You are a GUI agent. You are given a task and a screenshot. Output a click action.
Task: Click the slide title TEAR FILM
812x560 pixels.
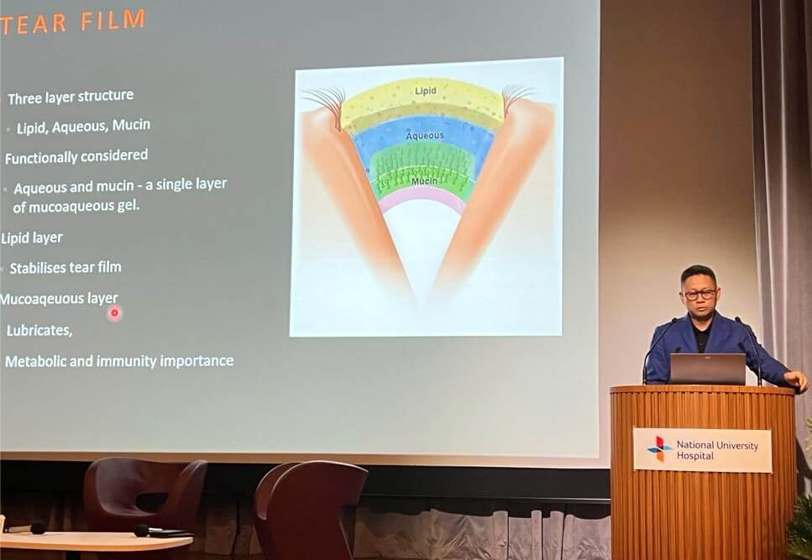[72, 23]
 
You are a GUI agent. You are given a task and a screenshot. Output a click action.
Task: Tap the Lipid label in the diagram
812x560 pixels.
[426, 91]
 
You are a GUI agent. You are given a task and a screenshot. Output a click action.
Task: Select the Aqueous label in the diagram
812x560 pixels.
[425, 136]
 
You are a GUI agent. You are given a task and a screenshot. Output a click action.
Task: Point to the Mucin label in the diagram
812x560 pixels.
[424, 181]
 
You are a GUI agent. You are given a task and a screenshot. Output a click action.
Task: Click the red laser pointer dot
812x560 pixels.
[114, 312]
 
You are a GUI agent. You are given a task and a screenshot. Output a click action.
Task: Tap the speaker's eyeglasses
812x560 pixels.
[699, 295]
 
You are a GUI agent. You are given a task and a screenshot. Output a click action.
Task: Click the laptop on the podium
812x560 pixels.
[707, 369]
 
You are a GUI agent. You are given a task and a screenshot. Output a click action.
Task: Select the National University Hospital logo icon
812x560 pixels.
[658, 448]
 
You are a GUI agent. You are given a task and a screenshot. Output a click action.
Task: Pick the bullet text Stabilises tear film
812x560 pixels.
[65, 268]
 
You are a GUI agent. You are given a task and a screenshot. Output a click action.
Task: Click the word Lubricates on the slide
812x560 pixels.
[39, 330]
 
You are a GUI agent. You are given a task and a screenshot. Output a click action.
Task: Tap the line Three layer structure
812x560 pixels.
[71, 97]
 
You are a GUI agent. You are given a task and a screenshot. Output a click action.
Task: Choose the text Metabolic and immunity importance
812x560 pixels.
[119, 361]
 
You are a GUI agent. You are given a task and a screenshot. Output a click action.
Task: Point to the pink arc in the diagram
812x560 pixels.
[422, 194]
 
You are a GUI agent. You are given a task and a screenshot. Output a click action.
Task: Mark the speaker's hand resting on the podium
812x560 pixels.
[796, 380]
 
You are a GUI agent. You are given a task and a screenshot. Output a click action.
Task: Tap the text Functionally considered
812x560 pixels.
[76, 156]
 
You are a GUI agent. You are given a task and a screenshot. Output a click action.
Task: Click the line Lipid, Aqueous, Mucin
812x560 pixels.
[83, 126]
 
